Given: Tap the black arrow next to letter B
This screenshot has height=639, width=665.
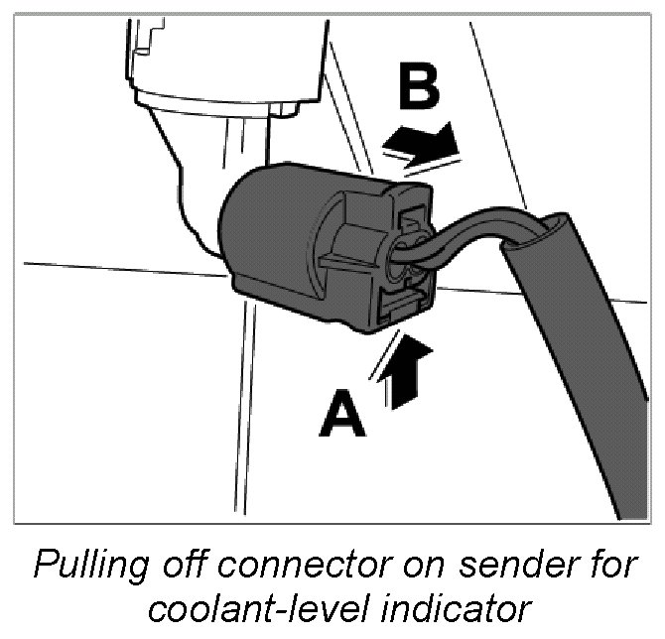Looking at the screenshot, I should (423, 143).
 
